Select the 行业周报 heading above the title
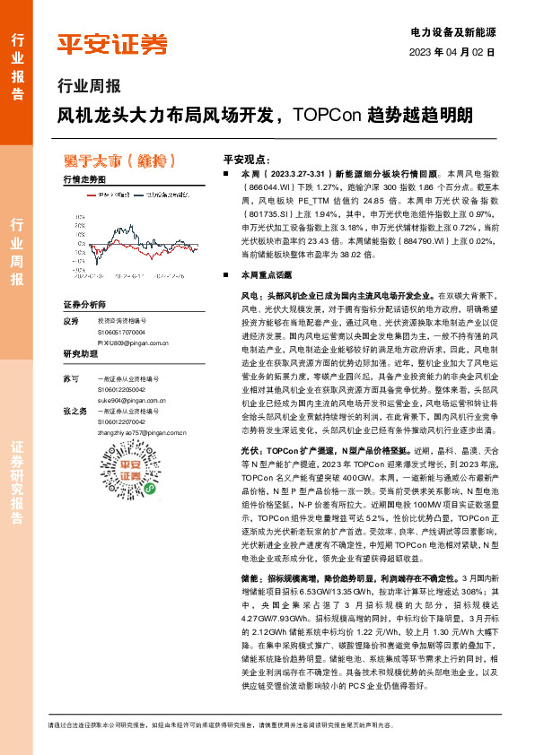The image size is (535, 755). coord(88,87)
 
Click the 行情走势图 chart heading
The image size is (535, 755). coord(85,180)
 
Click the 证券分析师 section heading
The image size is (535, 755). coord(84,305)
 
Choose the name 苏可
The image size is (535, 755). coord(72,380)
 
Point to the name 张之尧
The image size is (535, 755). coord(75,411)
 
